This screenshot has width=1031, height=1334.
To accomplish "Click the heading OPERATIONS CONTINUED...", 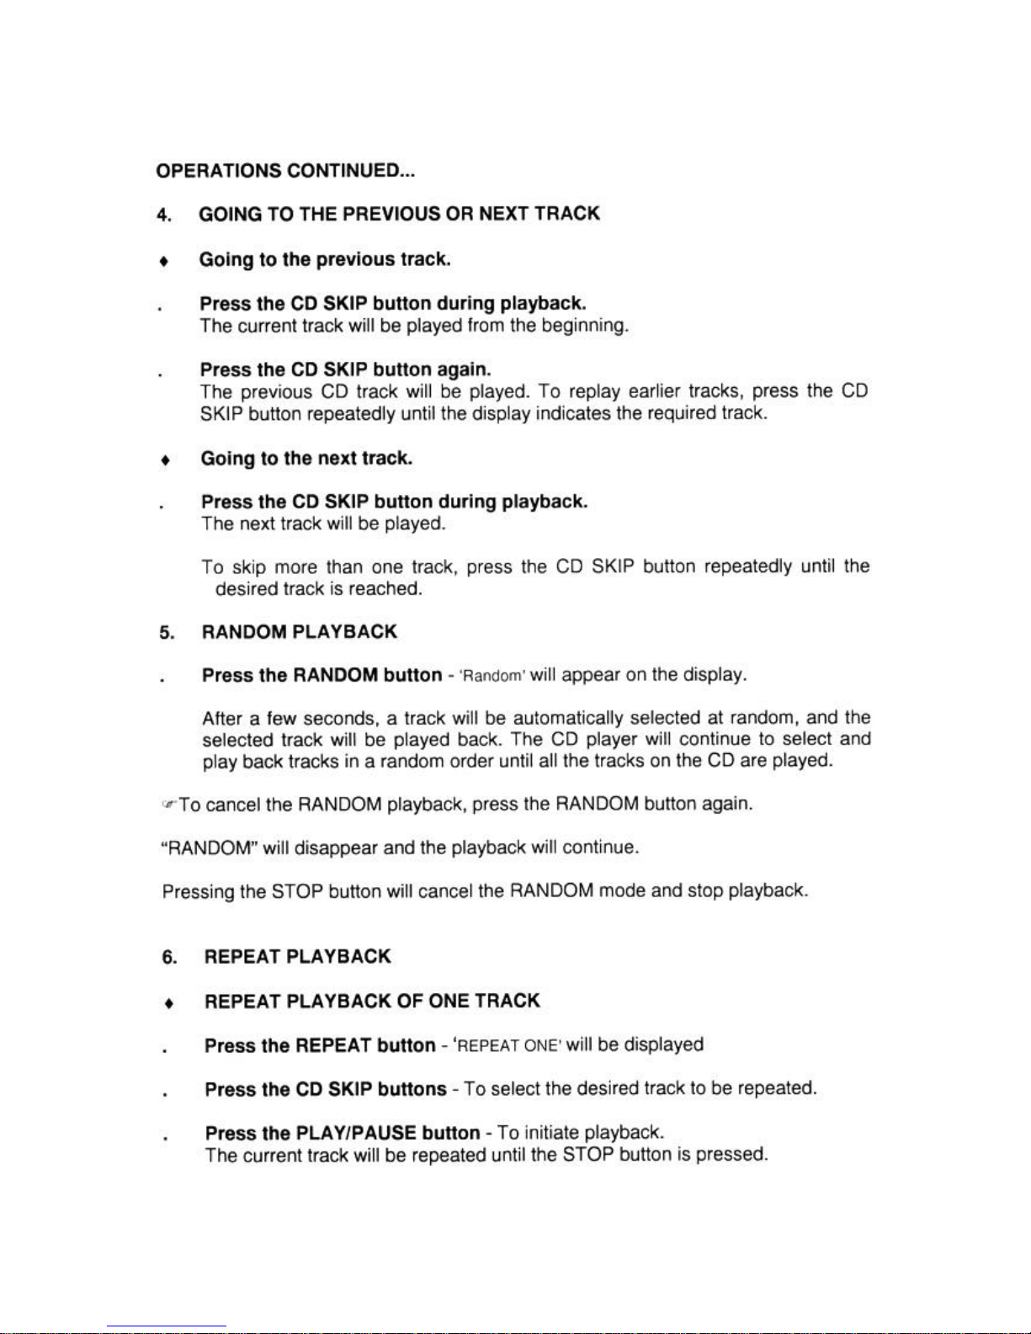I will pyautogui.click(x=285, y=171).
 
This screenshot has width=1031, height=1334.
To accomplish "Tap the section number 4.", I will pyautogui.click(x=163, y=215).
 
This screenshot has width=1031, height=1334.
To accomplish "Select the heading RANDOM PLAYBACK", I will pyautogui.click(x=299, y=632).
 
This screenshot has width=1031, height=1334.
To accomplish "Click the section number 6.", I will pyautogui.click(x=169, y=958).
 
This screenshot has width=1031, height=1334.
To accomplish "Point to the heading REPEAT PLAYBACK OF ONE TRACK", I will pyautogui.click(x=372, y=1002).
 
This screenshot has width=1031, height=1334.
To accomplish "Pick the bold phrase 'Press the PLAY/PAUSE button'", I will pyautogui.click(x=342, y=1133).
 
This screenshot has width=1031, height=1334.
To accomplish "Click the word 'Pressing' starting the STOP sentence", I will pyautogui.click(x=199, y=891).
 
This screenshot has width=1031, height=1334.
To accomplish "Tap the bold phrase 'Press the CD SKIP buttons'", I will pyautogui.click(x=326, y=1089).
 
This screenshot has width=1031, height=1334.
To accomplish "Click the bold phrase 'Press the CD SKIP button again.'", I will pyautogui.click(x=345, y=370).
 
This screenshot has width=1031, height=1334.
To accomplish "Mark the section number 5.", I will pyautogui.click(x=166, y=633).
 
